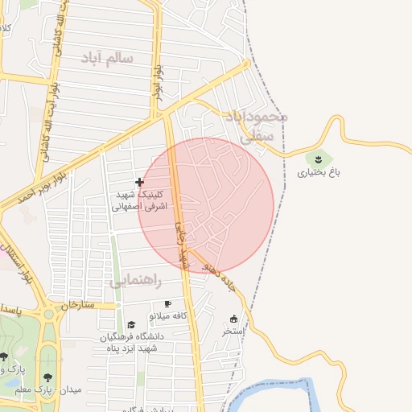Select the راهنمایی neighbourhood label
(136, 282)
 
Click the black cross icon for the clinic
(140, 182)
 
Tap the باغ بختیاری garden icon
(319, 158)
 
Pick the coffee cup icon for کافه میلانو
(167, 304)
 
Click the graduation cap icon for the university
(131, 324)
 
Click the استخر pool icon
(234, 319)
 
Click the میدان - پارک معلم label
(63, 389)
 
